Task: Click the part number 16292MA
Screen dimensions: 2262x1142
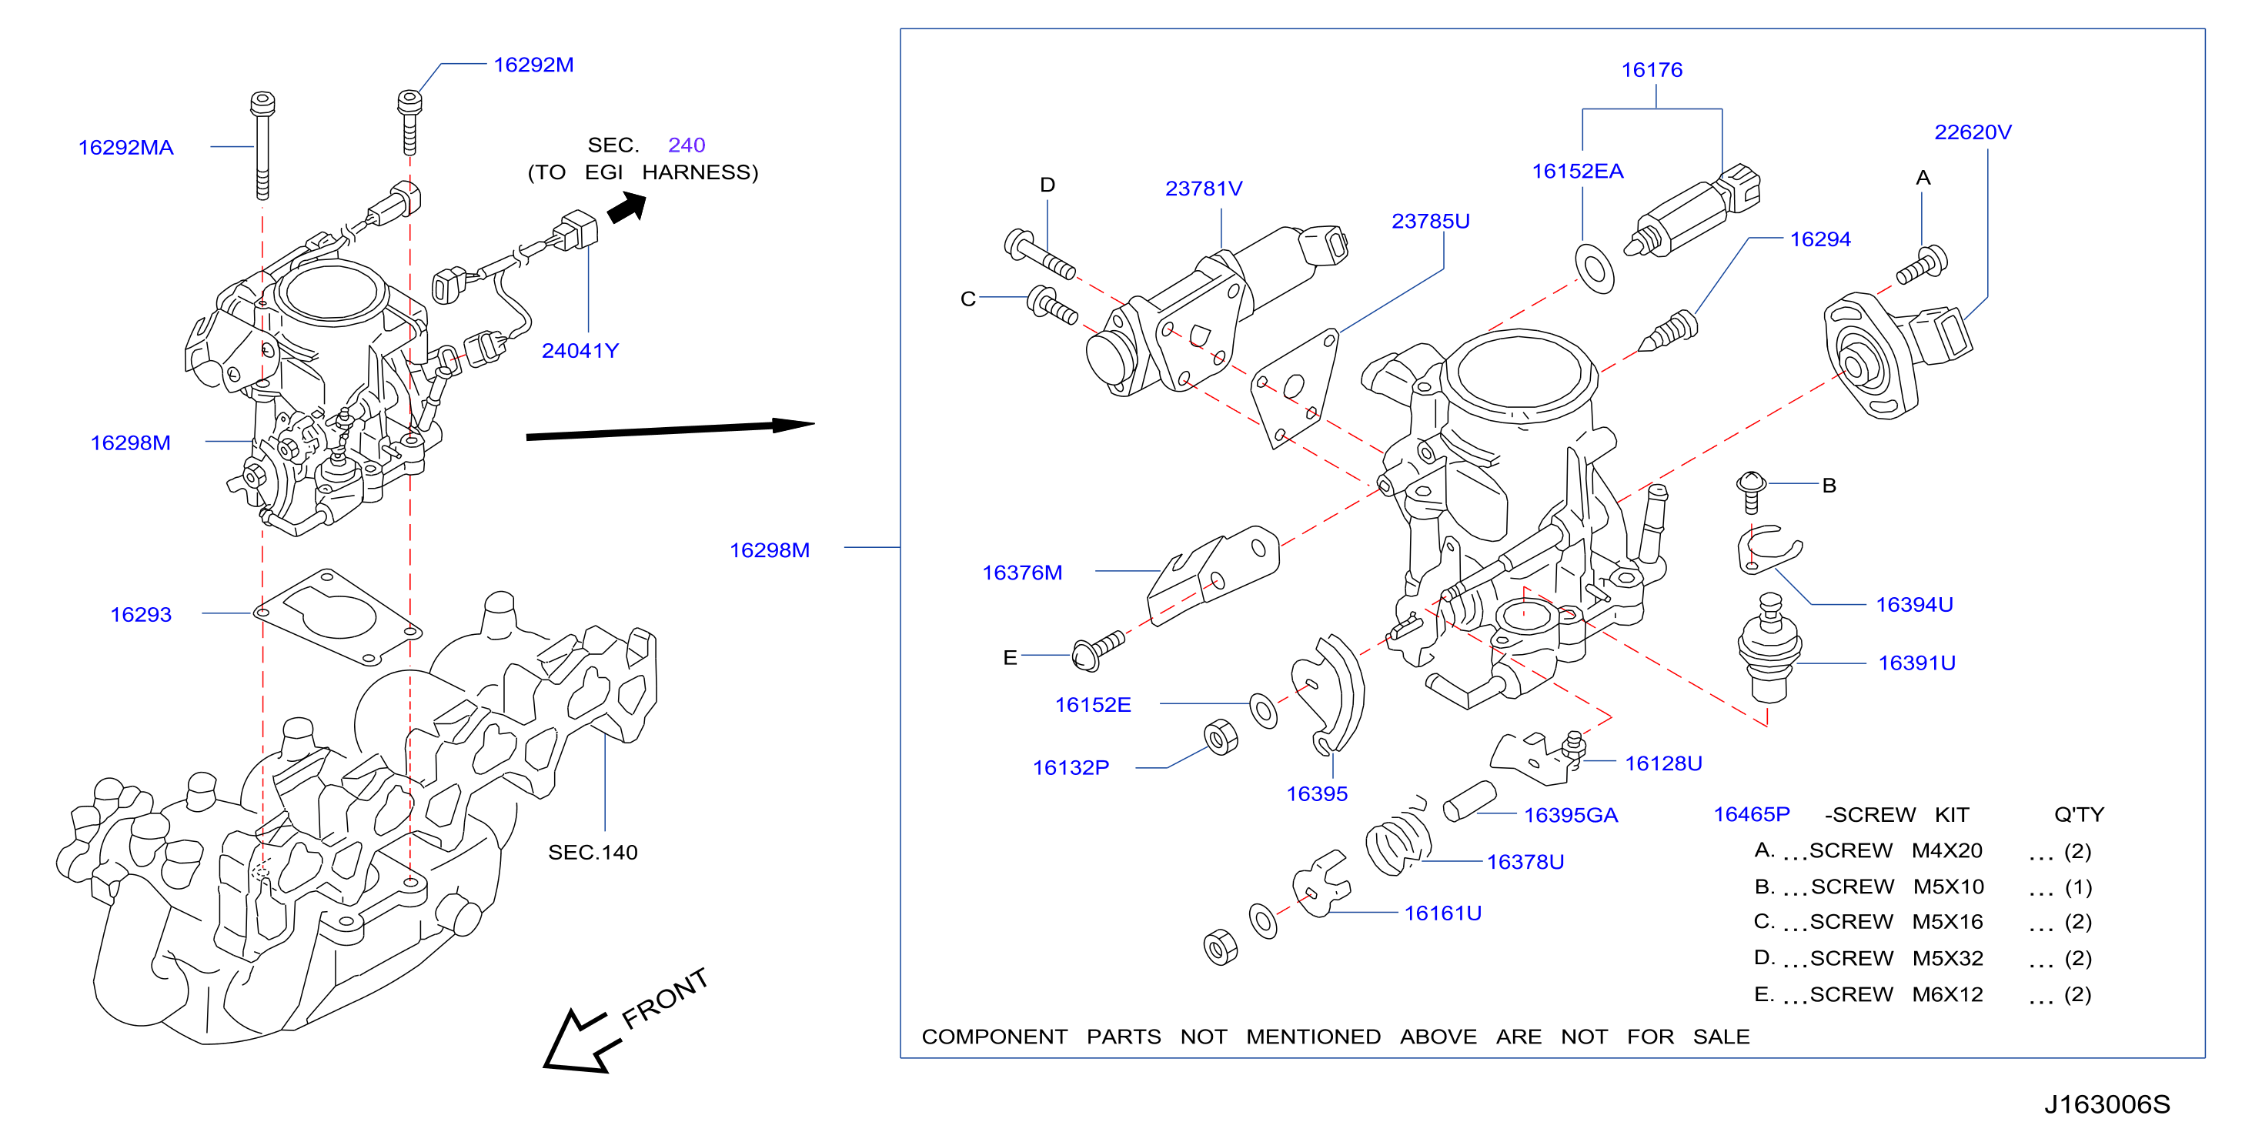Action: click(125, 148)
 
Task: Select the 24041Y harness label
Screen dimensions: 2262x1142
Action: click(580, 351)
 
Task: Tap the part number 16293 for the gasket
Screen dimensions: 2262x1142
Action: click(141, 614)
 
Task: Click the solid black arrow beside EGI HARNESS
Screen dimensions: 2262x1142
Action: click(627, 209)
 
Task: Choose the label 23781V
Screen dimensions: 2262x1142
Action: click(1203, 189)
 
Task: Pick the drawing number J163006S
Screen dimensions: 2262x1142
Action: click(2107, 1104)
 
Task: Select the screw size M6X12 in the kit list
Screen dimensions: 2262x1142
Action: click(1948, 994)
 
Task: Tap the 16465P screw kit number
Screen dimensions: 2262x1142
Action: click(1751, 815)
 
